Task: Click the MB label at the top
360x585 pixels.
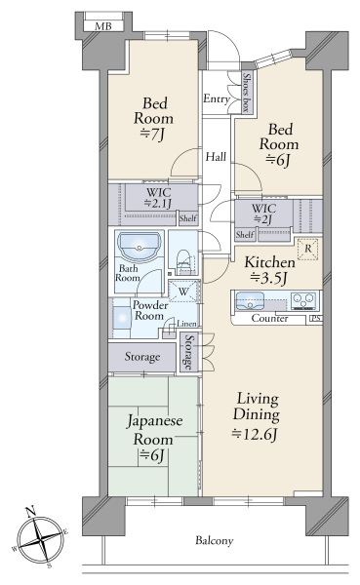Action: [103, 26]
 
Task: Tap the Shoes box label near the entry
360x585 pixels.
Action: [246, 93]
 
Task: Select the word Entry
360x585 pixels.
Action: [217, 98]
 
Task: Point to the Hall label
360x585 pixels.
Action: [216, 156]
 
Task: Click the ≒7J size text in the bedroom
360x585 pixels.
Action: [152, 135]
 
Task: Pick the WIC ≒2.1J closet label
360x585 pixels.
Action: [159, 198]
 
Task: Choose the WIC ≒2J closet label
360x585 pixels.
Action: [263, 214]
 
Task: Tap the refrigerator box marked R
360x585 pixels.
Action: [307, 249]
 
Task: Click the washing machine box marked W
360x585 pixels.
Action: [183, 291]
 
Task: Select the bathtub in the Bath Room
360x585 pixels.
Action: [140, 246]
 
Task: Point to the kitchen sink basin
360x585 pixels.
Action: [250, 300]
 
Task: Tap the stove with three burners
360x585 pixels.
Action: [304, 300]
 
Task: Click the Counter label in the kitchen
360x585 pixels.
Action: [269, 318]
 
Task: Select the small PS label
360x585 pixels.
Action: [315, 319]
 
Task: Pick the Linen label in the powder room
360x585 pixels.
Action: [186, 324]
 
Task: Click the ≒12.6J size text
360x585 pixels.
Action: [256, 435]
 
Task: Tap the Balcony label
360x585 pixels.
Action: [215, 540]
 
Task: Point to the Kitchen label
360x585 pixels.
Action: [269, 262]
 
